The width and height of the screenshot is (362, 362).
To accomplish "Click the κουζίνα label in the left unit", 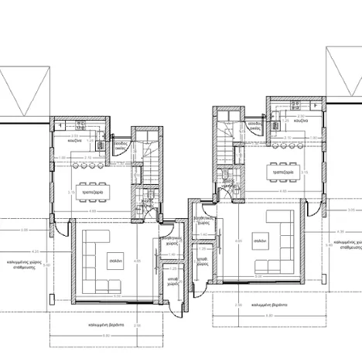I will (x=74, y=142).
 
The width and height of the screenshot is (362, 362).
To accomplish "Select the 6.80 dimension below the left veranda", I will (x=106, y=336).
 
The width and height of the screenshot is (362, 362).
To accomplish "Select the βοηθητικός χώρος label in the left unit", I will (x=172, y=241).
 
